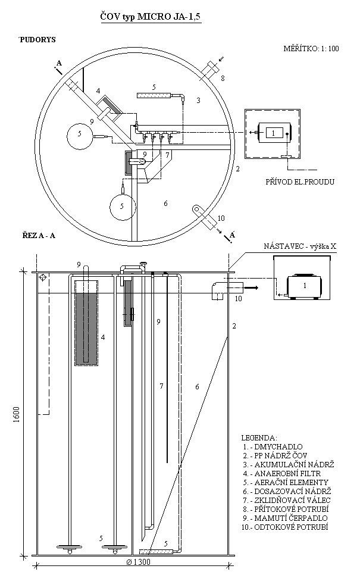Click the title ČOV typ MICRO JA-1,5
click(x=151, y=17)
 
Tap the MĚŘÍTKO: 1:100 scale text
click(x=311, y=49)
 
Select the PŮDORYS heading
click(x=37, y=39)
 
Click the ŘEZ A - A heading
click(x=39, y=236)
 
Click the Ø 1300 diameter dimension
click(x=138, y=562)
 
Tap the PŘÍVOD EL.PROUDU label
click(x=300, y=182)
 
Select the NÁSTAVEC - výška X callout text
click(x=300, y=246)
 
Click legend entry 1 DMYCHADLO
click(x=273, y=447)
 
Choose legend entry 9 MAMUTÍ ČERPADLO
click(x=285, y=518)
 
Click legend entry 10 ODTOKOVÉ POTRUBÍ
click(x=285, y=527)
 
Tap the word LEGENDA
click(x=259, y=437)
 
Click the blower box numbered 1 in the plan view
click(x=274, y=133)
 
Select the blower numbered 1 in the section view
click(x=305, y=287)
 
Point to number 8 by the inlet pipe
click(x=223, y=78)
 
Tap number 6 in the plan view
click(x=165, y=204)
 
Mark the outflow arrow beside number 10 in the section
click(x=251, y=288)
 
